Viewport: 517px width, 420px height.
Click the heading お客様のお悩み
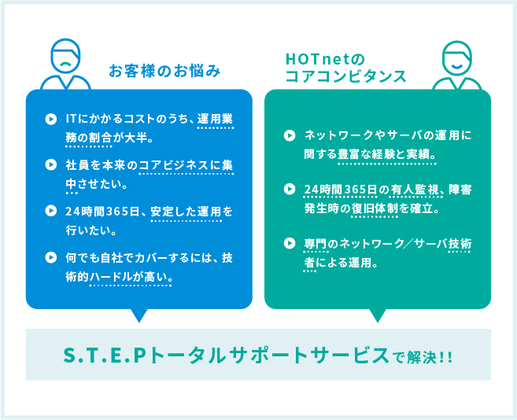[x=164, y=71]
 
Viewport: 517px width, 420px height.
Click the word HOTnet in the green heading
[x=318, y=59]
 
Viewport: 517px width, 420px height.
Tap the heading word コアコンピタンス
[x=345, y=76]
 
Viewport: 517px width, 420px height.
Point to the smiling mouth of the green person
[x=456, y=66]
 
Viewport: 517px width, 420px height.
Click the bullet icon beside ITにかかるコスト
[x=51, y=119]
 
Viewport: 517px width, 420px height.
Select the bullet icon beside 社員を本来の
[x=51, y=164]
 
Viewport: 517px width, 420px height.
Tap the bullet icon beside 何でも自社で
[x=51, y=257]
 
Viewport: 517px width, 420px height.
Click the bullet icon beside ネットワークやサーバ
[x=290, y=135]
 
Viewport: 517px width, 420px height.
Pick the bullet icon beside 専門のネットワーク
[x=290, y=243]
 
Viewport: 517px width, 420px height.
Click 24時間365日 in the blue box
[x=102, y=212]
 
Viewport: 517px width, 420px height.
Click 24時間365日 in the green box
[x=341, y=190]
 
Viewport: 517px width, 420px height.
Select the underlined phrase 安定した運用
[x=186, y=212]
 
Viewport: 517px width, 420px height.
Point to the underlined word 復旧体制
[x=375, y=208]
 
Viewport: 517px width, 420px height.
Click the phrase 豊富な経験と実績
[x=386, y=154]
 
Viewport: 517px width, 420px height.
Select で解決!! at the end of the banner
[x=423, y=357]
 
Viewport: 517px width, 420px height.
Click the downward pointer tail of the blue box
[x=139, y=315]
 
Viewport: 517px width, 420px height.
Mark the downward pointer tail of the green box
[x=378, y=315]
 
